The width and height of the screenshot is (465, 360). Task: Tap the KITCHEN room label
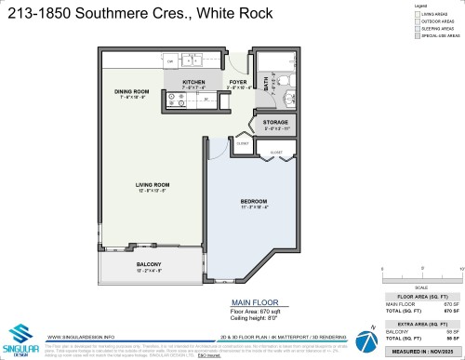(x=193, y=82)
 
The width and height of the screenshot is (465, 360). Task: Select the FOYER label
(x=237, y=82)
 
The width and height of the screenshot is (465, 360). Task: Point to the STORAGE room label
(x=275, y=122)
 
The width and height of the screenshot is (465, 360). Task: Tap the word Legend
(x=419, y=7)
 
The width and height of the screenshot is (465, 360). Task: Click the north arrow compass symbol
(x=371, y=327)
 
